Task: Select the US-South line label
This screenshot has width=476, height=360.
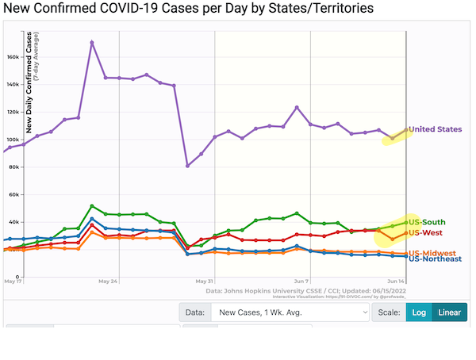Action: pyautogui.click(x=427, y=221)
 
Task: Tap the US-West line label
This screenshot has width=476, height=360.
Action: pyautogui.click(x=425, y=232)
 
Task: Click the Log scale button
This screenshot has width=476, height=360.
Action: pyautogui.click(x=419, y=312)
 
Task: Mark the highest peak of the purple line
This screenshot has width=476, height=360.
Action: pyautogui.click(x=92, y=42)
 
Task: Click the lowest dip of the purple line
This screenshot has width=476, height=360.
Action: pyautogui.click(x=188, y=166)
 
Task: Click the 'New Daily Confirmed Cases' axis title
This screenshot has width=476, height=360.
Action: pyautogui.click(x=29, y=83)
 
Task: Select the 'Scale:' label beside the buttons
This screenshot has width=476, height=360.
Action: pyautogui.click(x=388, y=312)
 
